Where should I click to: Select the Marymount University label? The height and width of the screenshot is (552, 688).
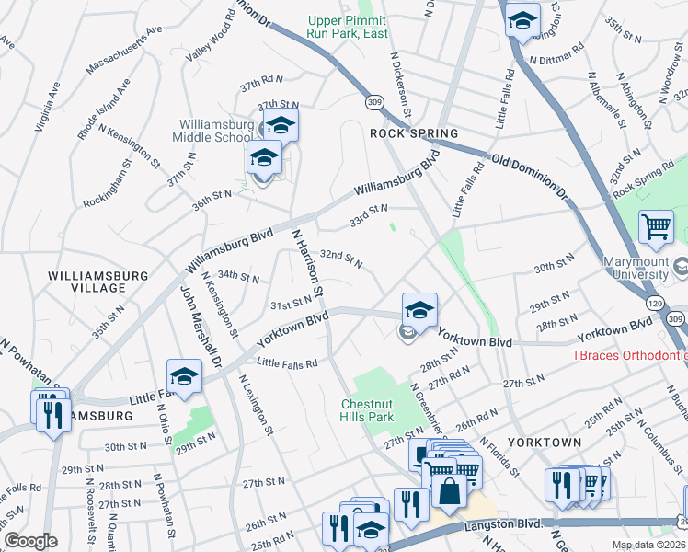click(x=636, y=268)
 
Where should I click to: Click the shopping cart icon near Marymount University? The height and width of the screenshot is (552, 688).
click(x=655, y=226)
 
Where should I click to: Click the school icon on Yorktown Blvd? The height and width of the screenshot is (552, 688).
click(x=419, y=312)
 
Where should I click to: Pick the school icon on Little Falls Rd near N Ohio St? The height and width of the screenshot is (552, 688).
click(x=184, y=376)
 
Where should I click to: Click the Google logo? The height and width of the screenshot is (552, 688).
click(x=30, y=540)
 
